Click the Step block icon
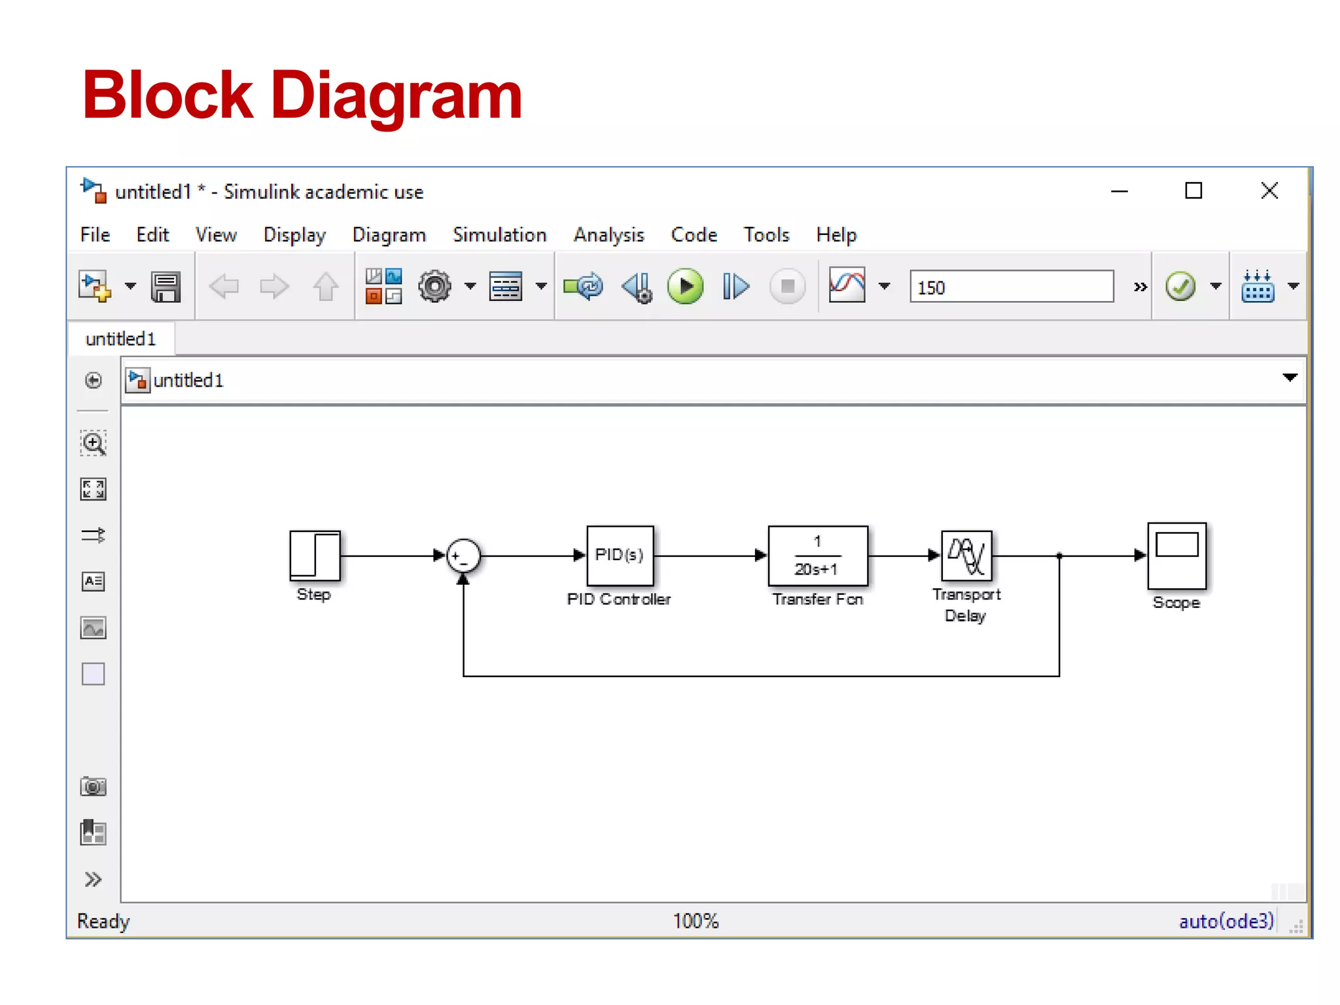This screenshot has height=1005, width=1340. click(x=315, y=555)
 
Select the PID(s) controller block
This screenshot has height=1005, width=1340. click(x=620, y=555)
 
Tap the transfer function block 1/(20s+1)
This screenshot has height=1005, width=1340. click(x=817, y=555)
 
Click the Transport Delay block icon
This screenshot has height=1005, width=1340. click(x=966, y=555)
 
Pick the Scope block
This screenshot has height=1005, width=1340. click(x=1176, y=555)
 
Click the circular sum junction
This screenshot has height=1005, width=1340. click(x=463, y=556)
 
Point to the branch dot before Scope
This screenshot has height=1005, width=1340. click(x=1059, y=555)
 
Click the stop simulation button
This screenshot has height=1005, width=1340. click(x=787, y=287)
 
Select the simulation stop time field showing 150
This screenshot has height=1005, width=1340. click(x=1011, y=287)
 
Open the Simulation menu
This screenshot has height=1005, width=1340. click(x=499, y=235)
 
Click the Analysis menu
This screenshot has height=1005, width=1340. click(x=608, y=235)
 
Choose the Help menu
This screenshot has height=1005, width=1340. click(x=836, y=235)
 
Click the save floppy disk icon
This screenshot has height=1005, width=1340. click(x=166, y=287)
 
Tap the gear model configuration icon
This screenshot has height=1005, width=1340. click(x=434, y=287)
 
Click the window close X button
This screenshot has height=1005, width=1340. click(x=1269, y=191)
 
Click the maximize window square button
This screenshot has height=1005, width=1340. click(x=1193, y=191)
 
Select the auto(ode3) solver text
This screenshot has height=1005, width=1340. click(x=1225, y=921)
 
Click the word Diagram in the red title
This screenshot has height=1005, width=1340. click(x=396, y=96)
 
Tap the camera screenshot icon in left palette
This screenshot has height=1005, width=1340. click(x=93, y=786)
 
